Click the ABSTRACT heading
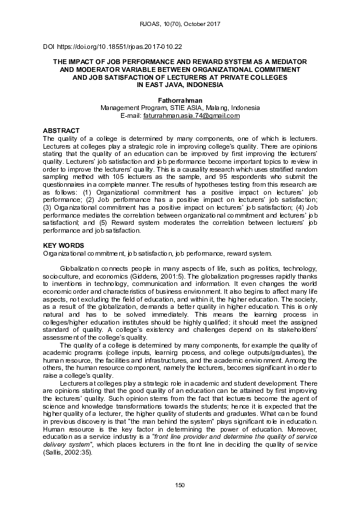(62, 131)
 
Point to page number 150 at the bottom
(180, 485)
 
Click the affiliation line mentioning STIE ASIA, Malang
(180, 108)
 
